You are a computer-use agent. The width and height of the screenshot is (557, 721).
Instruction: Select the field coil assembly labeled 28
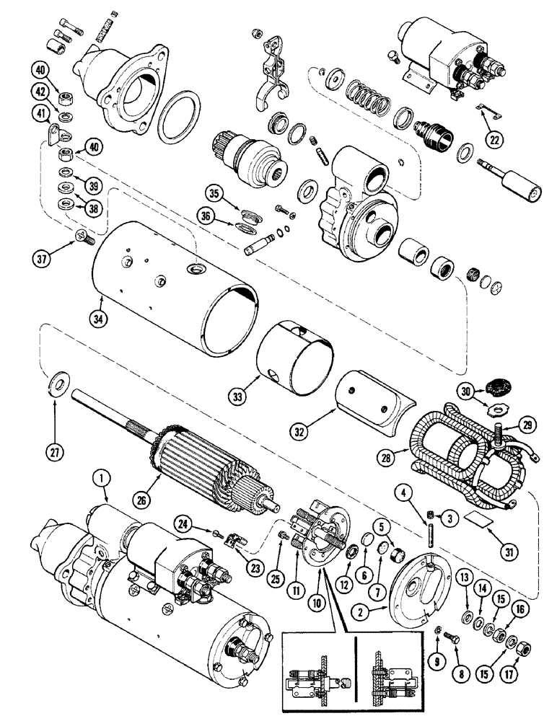[x=462, y=451]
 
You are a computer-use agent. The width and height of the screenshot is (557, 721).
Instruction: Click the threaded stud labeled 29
[x=498, y=438]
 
